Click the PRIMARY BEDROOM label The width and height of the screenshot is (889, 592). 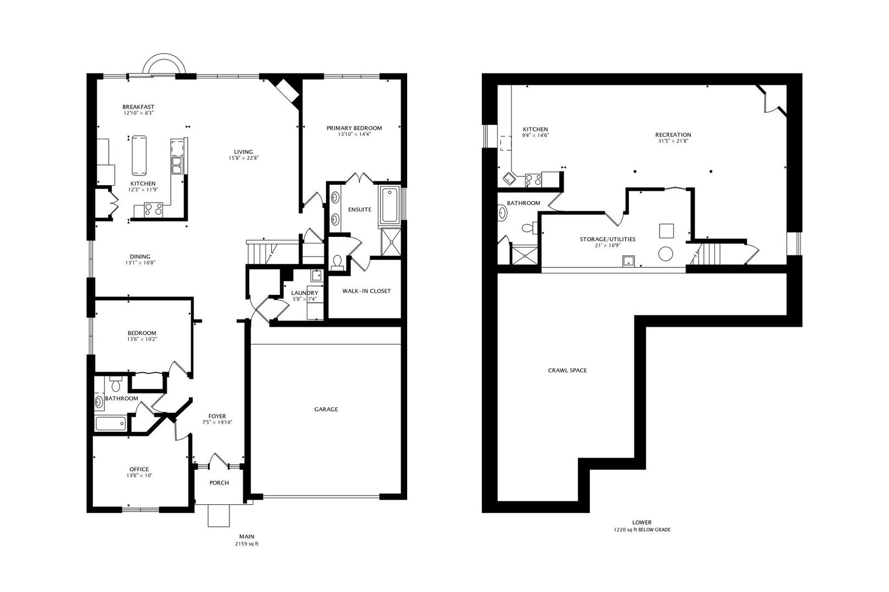tap(354, 128)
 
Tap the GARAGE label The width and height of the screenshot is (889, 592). tap(326, 409)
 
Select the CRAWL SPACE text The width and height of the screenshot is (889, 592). tap(567, 371)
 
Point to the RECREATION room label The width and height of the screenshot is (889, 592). tap(673, 135)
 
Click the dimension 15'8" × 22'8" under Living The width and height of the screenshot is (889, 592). tap(243, 158)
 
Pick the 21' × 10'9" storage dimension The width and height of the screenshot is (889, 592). tap(607, 246)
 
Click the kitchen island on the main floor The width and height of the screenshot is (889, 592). tap(139, 156)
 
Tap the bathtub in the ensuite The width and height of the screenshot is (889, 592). tap(389, 206)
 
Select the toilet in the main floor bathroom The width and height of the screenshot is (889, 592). tap(116, 384)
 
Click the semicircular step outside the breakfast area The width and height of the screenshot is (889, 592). tap(164, 64)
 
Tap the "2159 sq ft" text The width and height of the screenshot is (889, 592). tap(246, 544)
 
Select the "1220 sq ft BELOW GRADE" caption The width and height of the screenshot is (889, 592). tap(642, 530)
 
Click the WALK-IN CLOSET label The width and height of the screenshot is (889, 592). tap(367, 291)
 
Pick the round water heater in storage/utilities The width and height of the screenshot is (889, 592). tap(666, 254)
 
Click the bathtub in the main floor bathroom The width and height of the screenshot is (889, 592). tap(111, 423)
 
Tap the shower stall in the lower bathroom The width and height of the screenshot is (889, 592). tap(525, 255)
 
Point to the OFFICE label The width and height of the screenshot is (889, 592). tap(139, 469)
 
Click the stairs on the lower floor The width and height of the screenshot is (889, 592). tap(708, 254)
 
